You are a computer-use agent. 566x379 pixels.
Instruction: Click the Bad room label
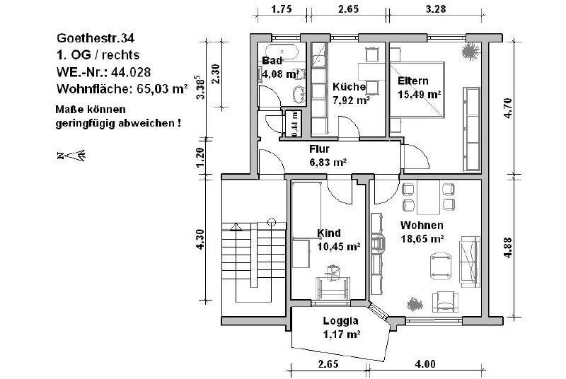272,61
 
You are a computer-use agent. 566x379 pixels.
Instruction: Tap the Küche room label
349,87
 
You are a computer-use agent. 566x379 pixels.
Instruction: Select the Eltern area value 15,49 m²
420,94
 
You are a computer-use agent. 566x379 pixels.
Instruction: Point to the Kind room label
330,233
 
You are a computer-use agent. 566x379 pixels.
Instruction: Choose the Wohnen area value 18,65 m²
422,239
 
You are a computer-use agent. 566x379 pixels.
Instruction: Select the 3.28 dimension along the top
436,10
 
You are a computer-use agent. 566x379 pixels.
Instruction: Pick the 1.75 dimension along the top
282,10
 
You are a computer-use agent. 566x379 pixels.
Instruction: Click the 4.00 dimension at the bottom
424,364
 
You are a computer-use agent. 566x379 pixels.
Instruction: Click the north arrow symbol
71,155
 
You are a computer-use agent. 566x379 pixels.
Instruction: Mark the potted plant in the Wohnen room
415,303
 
